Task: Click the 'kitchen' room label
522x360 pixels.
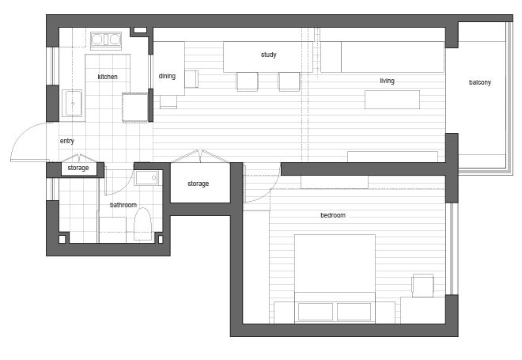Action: [x=108, y=77]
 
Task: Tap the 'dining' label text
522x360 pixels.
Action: [x=167, y=76]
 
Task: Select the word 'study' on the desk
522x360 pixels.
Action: [x=269, y=55]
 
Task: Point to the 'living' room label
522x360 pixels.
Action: [x=388, y=81]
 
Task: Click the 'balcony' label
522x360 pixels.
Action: [x=480, y=82]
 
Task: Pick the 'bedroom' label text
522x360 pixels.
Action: [x=333, y=215]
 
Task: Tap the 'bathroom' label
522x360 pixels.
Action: [x=123, y=205]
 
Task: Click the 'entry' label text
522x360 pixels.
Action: [x=67, y=141]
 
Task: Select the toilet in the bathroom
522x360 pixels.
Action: [x=142, y=224]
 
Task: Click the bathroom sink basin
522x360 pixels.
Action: [x=147, y=178]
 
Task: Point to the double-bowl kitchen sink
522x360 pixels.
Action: [x=106, y=40]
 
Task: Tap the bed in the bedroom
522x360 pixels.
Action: [x=335, y=279]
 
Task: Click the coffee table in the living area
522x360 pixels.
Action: [x=392, y=100]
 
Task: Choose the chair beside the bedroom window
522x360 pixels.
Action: [x=423, y=286]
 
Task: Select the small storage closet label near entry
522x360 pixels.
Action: [x=78, y=168]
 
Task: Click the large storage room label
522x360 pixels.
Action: [x=198, y=184]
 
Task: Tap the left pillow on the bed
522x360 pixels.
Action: [x=316, y=312]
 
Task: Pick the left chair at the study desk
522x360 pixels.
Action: [x=247, y=81]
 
